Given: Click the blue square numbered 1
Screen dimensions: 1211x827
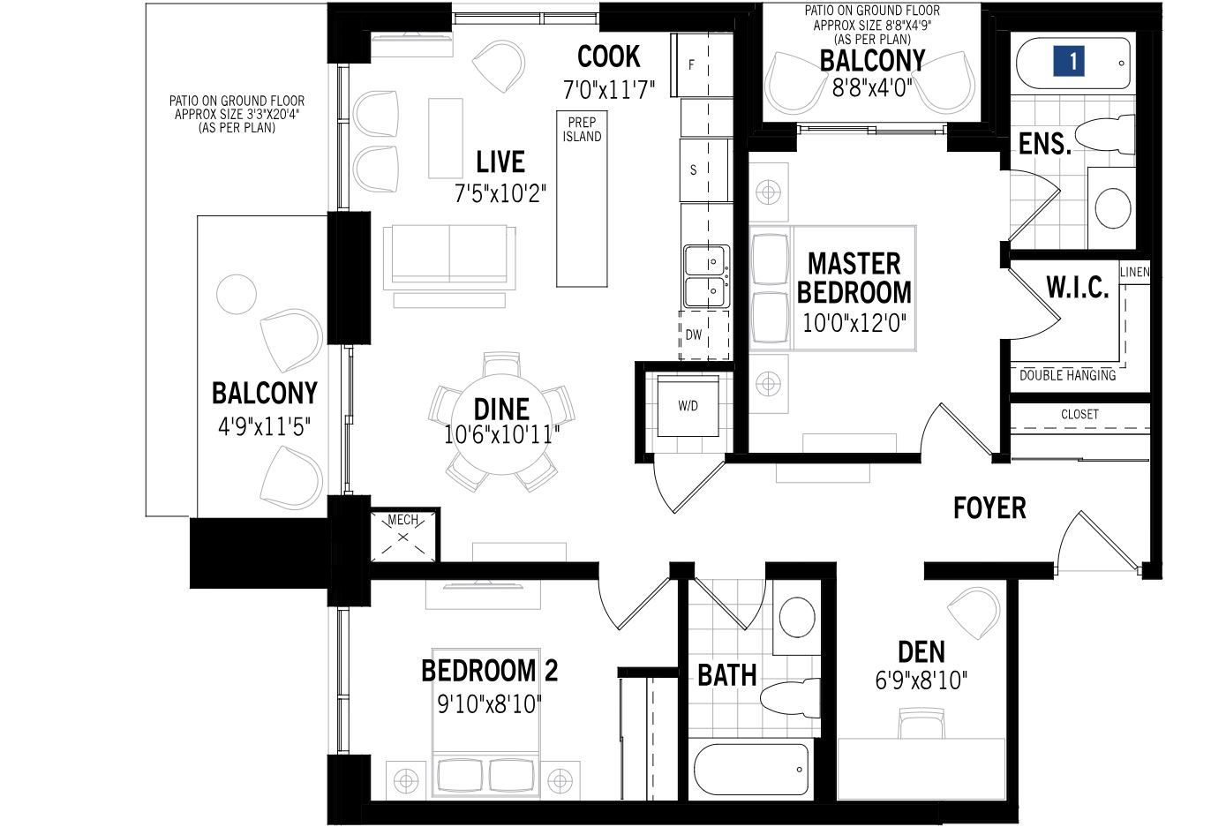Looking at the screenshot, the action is click(1068, 61).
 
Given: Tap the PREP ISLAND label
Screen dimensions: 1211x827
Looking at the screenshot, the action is click(582, 129).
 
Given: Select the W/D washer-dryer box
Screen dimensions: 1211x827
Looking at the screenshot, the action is click(688, 406).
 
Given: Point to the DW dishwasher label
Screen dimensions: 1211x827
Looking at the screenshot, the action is click(694, 335).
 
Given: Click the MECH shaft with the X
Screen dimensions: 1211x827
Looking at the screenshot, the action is click(403, 537).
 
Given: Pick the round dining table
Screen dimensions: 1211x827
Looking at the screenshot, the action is click(501, 425).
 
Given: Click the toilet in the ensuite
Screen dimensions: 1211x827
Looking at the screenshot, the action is click(1104, 134).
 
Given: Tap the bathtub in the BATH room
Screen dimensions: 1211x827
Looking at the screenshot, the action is click(751, 769).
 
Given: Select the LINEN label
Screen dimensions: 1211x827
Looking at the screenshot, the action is click(1134, 272).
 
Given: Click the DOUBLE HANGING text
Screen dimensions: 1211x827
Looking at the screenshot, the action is click(1067, 375).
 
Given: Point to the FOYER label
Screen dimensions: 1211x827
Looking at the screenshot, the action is click(989, 508).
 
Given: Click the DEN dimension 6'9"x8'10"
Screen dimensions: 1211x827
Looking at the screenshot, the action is click(921, 680).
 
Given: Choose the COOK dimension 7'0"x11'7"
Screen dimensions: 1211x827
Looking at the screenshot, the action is click(609, 90).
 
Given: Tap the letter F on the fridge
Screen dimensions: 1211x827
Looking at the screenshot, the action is click(691, 64).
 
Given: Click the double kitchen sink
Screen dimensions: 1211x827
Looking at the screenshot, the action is click(706, 276).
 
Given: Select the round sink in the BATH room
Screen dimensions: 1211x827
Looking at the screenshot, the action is click(797, 617).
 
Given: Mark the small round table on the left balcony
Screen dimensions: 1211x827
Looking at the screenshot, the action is click(237, 294).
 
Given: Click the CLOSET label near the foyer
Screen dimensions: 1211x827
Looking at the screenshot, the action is click(1079, 415).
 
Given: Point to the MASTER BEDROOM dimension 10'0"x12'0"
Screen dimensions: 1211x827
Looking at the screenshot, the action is click(854, 323).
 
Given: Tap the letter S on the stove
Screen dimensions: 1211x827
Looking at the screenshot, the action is click(694, 170).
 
